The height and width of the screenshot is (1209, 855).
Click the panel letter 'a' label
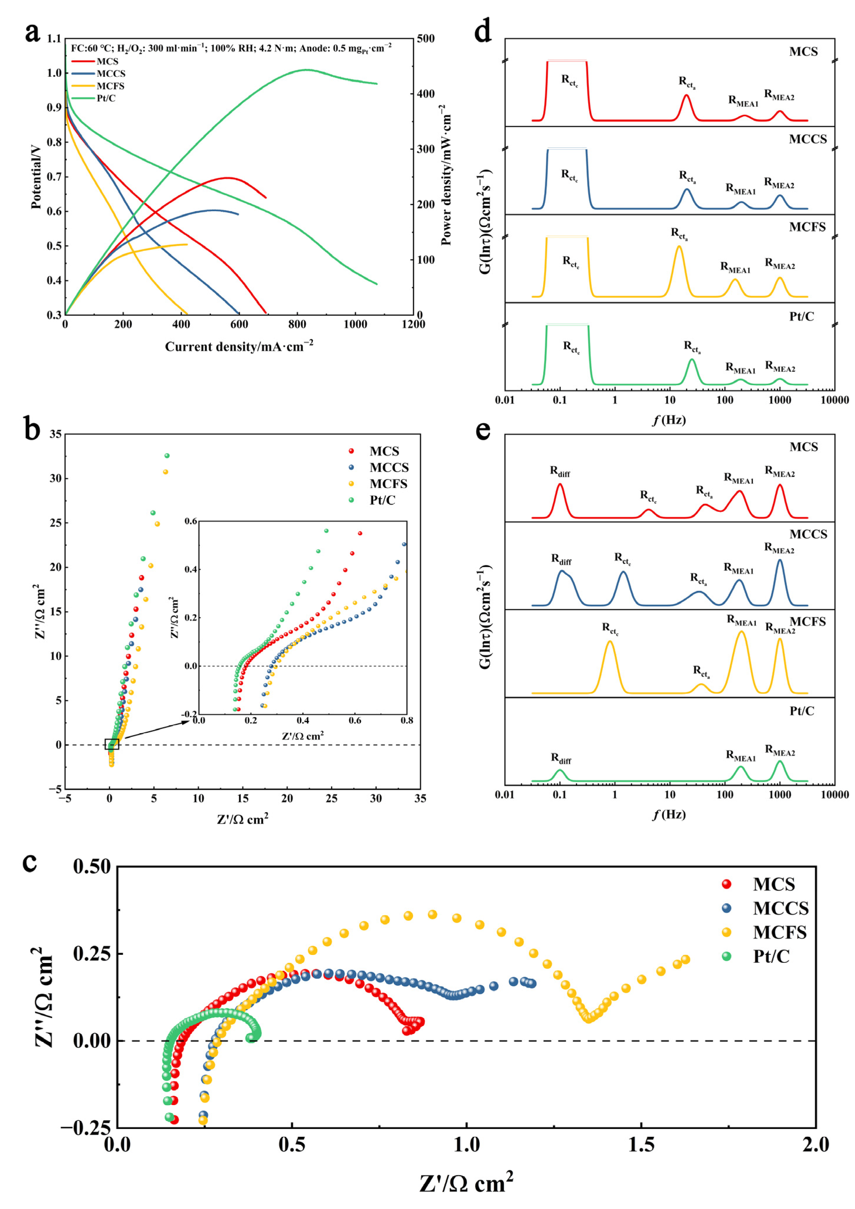[x=32, y=33]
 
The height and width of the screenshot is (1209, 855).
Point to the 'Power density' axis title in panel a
[x=446, y=175]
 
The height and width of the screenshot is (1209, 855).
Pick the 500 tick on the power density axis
[x=425, y=38]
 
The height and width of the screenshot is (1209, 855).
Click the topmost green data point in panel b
[x=167, y=456]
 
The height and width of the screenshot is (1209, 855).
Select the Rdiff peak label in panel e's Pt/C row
[x=561, y=758]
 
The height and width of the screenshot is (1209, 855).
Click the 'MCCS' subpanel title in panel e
[x=808, y=534]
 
